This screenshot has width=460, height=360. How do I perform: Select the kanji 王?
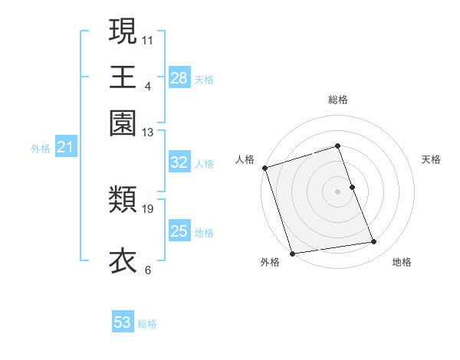[x=123, y=77]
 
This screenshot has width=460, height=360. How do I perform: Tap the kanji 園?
[x=123, y=123]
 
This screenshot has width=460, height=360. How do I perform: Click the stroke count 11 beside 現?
[x=148, y=40]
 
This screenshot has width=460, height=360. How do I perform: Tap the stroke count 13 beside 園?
[x=148, y=132]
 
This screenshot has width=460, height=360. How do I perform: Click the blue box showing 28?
[x=179, y=78]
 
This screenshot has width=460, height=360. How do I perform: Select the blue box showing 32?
[x=179, y=162]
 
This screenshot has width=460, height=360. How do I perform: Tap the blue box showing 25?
[x=179, y=231]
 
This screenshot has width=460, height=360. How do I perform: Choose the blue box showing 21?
[x=64, y=147]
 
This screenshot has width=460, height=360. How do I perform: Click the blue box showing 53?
[x=123, y=322]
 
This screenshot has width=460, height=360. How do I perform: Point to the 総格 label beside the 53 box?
[x=147, y=324]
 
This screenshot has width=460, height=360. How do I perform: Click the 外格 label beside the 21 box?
[x=41, y=149]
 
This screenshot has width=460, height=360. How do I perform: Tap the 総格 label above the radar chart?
[x=337, y=100]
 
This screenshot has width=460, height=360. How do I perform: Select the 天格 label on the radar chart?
[x=431, y=159]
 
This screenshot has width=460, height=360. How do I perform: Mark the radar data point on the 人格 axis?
[x=264, y=168]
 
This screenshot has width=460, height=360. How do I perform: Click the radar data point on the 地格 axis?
[x=374, y=242]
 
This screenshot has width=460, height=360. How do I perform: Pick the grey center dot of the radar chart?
[x=337, y=191]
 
